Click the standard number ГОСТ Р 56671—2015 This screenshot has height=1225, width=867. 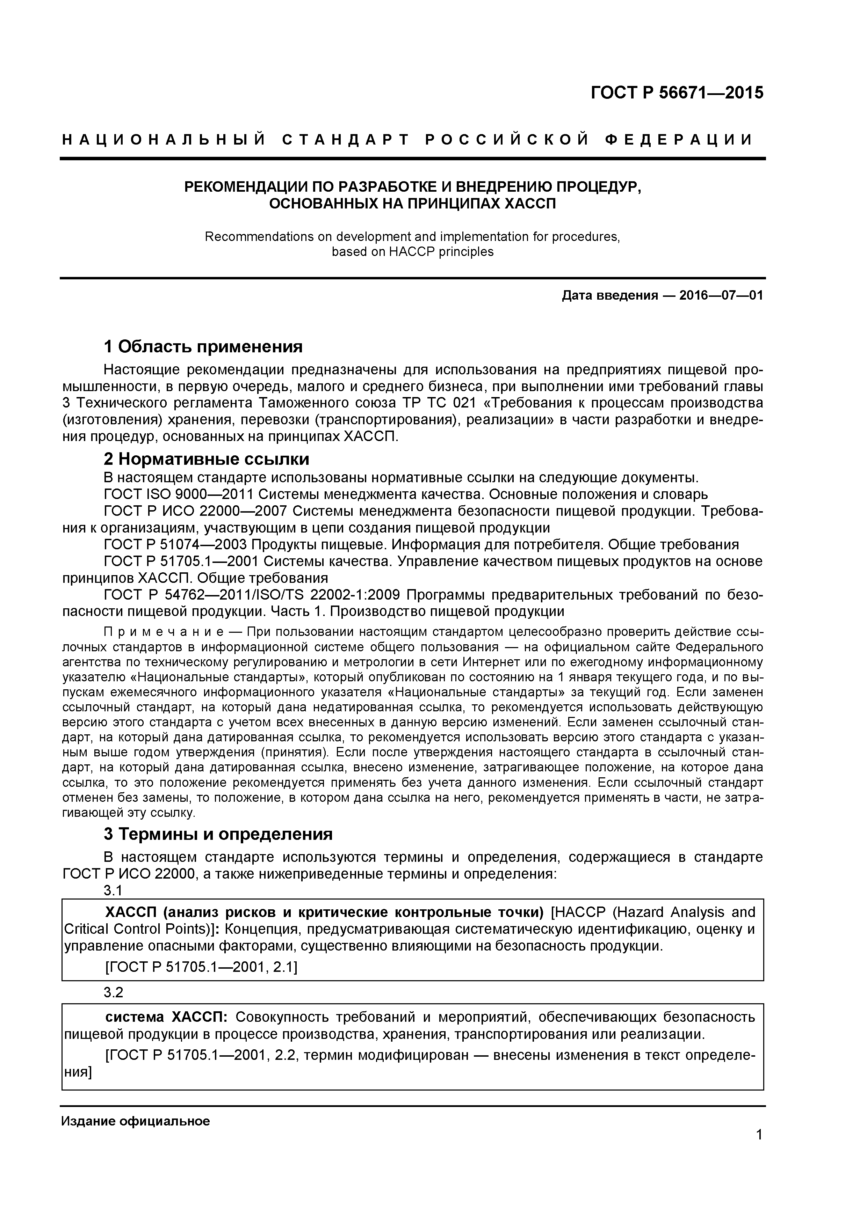pos(677,93)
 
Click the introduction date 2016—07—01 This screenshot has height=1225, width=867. pos(721,295)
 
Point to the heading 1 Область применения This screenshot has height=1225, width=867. pos(203,347)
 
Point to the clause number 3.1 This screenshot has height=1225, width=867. pos(113,890)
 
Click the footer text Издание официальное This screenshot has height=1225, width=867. pos(136,1121)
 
